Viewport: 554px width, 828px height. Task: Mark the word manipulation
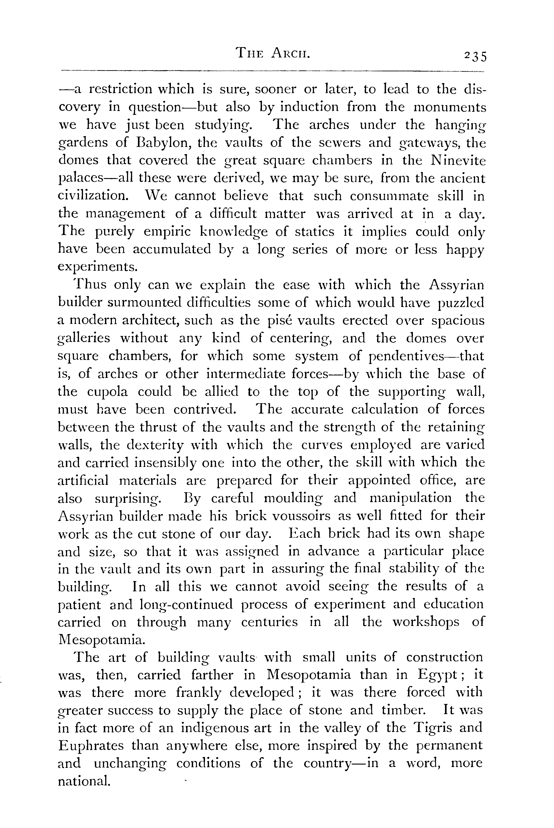pos(410,498)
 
